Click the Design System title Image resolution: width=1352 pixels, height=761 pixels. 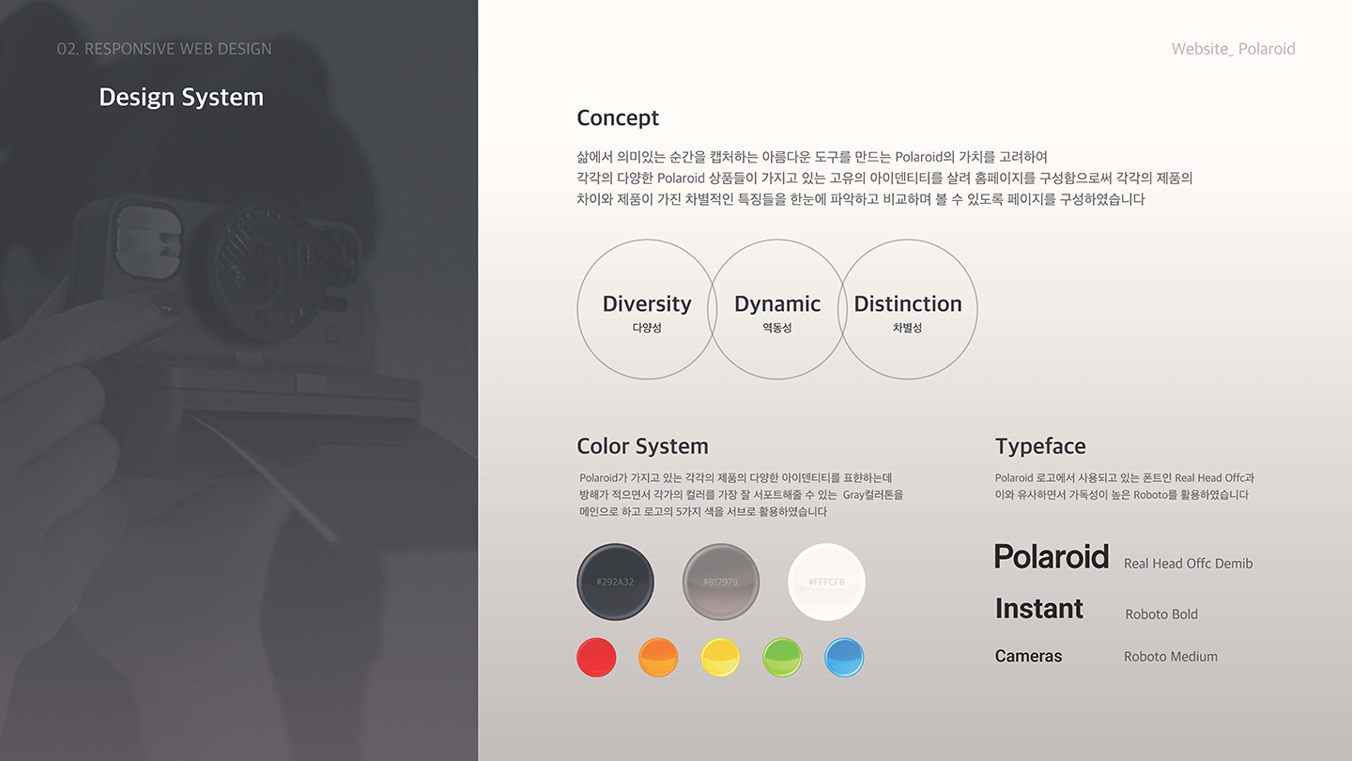pyautogui.click(x=181, y=98)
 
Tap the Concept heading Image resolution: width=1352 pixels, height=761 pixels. pyautogui.click(x=618, y=118)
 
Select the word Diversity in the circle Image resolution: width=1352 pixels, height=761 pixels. pyautogui.click(x=647, y=304)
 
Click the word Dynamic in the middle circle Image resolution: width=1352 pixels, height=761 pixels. pyautogui.click(x=777, y=304)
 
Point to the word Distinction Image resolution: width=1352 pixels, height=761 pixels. pyautogui.click(x=908, y=304)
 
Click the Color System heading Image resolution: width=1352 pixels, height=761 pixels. pyautogui.click(x=642, y=446)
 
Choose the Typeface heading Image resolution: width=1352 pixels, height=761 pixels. pyautogui.click(x=1040, y=446)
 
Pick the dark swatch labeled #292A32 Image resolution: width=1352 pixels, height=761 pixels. pyautogui.click(x=615, y=582)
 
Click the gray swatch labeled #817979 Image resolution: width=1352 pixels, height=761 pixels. pyautogui.click(x=720, y=582)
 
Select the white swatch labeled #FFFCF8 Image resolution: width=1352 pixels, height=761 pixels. pyautogui.click(x=826, y=582)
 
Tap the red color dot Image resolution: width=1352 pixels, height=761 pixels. pyautogui.click(x=596, y=657)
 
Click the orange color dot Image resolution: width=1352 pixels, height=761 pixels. pyautogui.click(x=658, y=657)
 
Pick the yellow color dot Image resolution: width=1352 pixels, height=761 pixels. pyautogui.click(x=720, y=657)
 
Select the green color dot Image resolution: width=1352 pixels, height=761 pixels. pyautogui.click(x=782, y=657)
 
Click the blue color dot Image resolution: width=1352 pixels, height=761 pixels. pyautogui.click(x=844, y=657)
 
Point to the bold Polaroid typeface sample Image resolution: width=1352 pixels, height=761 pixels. pyautogui.click(x=1052, y=557)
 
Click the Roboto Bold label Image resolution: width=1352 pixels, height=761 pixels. pyautogui.click(x=1161, y=614)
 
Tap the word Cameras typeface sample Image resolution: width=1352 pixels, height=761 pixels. pyautogui.click(x=1028, y=657)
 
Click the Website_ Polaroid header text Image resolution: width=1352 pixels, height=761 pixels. pyautogui.click(x=1233, y=49)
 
